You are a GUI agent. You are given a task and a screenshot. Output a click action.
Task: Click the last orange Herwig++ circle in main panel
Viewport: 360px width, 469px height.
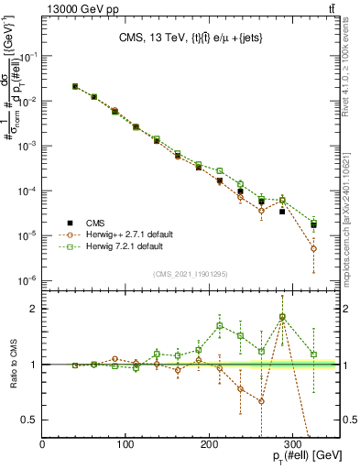(x=314, y=248)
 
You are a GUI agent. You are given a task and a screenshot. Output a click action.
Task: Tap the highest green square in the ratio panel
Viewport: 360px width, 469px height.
(x=282, y=317)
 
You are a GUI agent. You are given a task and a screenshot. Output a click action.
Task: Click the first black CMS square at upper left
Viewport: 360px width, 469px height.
(x=74, y=87)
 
